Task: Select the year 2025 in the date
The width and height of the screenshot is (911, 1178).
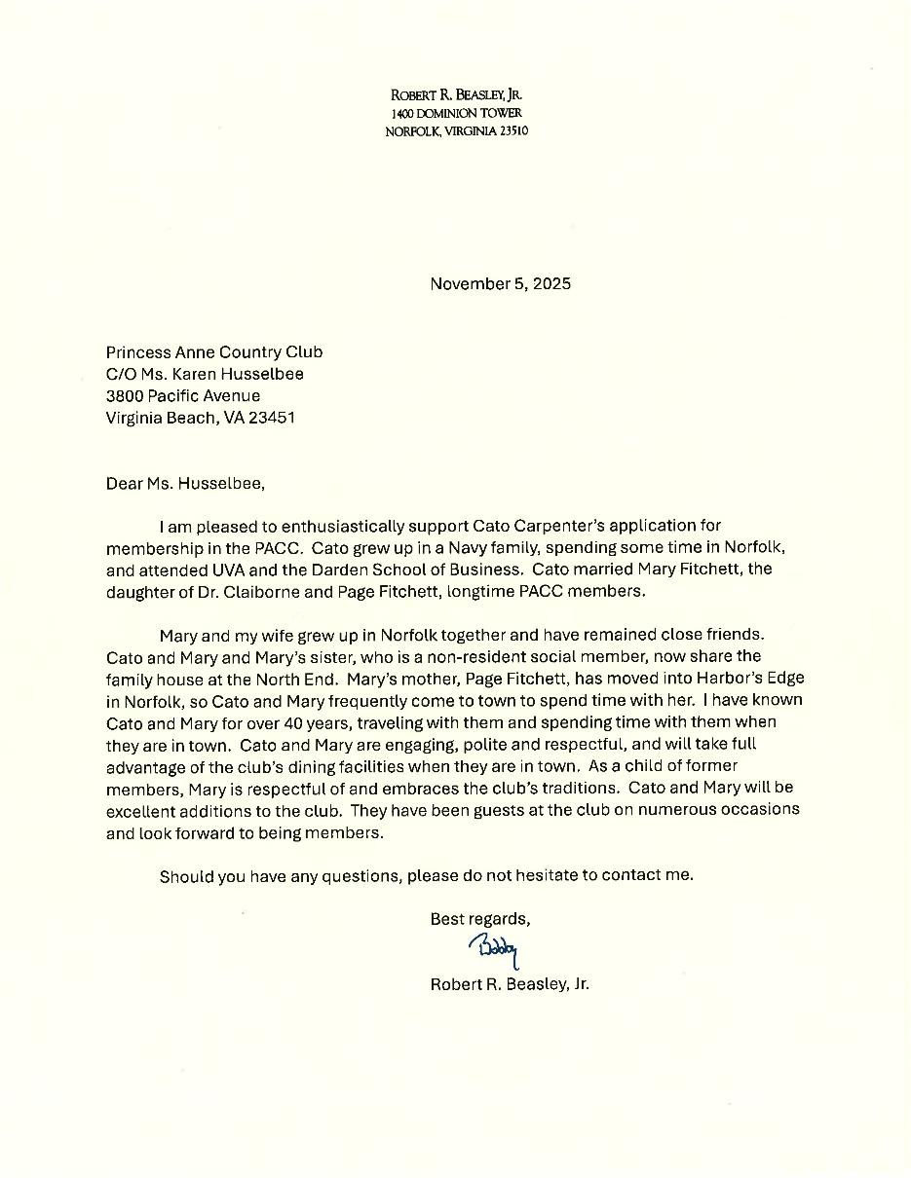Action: click(x=551, y=284)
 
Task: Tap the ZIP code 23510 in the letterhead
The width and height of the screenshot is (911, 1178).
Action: click(x=513, y=131)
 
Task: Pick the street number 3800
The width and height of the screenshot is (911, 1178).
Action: click(x=126, y=396)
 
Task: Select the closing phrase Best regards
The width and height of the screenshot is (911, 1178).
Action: click(x=480, y=919)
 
